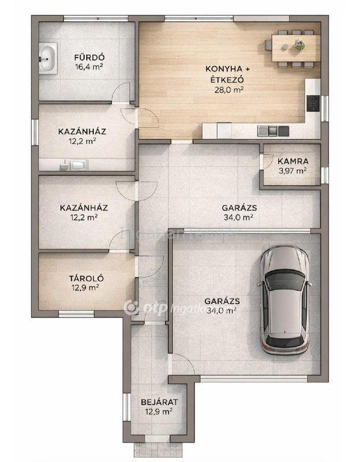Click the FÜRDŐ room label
pyautogui.click(x=89, y=57)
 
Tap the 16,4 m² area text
pyautogui.click(x=89, y=67)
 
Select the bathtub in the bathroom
pyautogui.click(x=48, y=58)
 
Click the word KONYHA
pyautogui.click(x=223, y=69)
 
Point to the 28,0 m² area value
pyautogui.click(x=229, y=90)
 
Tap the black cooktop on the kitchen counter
pyautogui.click(x=313, y=103)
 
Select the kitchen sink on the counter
pyautogui.click(x=273, y=131)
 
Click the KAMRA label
pyautogui.click(x=293, y=161)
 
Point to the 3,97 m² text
pyautogui.click(x=293, y=171)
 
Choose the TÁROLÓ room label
pyautogui.click(x=87, y=278)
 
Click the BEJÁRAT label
pyautogui.click(x=159, y=402)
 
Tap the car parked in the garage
pyautogui.click(x=285, y=300)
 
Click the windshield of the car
pyautogui.click(x=285, y=280)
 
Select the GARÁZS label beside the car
pyautogui.click(x=222, y=301)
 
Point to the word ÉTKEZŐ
pyautogui.click(x=226, y=79)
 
